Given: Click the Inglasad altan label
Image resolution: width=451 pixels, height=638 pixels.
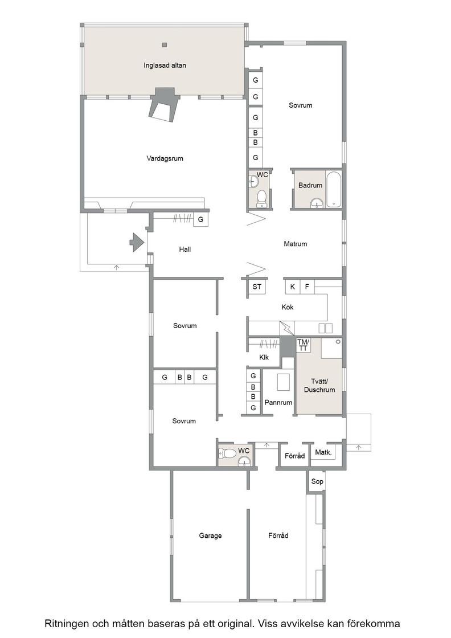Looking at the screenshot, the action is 165,65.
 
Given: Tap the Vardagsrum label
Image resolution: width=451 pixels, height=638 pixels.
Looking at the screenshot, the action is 165,158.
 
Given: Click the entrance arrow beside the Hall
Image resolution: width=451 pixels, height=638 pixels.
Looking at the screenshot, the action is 137,243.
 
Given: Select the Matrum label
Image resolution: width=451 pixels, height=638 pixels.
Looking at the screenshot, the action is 295,244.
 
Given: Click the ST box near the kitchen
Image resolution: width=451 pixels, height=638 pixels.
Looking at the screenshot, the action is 257,287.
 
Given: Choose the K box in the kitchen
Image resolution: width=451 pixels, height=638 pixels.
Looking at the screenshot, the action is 292,287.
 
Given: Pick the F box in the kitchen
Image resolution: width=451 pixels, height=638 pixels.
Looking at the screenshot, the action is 307,287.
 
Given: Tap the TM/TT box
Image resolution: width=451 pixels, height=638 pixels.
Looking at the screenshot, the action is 303,345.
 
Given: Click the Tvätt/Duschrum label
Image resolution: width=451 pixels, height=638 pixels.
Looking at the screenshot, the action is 319,385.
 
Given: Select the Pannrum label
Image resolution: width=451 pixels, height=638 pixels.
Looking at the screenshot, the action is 278,402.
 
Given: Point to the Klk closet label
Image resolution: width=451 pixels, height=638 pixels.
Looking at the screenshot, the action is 264,357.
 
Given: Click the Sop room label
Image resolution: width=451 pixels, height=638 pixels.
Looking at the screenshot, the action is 317,481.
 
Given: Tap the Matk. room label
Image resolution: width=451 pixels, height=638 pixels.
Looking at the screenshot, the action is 323,452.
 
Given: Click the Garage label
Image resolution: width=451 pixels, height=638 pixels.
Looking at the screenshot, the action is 210,535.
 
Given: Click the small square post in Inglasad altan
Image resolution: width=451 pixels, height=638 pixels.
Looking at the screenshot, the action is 165,45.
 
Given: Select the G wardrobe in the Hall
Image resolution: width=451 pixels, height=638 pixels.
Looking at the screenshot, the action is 200,219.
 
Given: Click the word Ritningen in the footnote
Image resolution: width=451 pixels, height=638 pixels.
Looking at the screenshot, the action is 68,624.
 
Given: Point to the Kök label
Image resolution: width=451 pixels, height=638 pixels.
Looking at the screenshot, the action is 288,307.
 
